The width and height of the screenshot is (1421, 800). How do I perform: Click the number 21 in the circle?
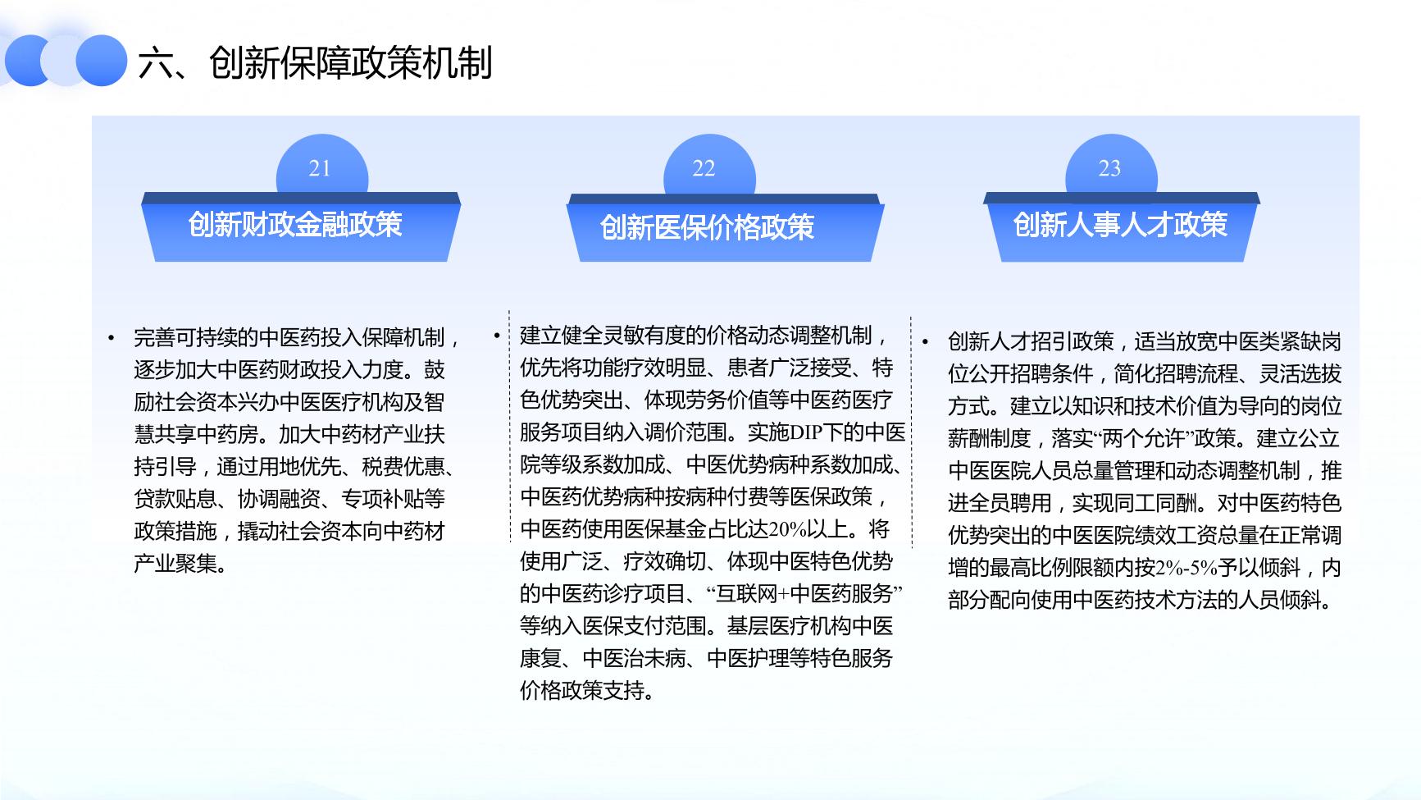coord(320,168)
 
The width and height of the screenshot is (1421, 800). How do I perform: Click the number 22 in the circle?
coord(704,168)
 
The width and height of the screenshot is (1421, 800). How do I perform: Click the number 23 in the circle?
coord(1109,168)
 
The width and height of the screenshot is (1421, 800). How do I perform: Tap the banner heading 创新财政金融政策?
coord(295,225)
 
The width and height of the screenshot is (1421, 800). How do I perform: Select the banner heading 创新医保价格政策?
coord(707,227)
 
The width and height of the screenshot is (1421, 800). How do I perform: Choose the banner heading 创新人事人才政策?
coord(1120,225)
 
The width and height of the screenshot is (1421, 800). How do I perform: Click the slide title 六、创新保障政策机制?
coord(316,63)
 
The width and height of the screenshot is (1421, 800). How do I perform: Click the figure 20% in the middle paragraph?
coord(789,529)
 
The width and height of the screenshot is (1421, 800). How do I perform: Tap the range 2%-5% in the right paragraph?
coord(1186,568)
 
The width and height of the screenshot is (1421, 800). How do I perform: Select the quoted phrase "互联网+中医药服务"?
coord(804,593)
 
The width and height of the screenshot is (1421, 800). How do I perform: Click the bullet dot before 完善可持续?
coord(111,338)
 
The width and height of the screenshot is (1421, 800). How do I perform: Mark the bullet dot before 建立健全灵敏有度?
coord(497,336)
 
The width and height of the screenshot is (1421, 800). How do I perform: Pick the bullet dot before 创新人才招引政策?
coord(925,341)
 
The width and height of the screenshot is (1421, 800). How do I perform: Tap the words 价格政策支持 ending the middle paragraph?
coord(582,691)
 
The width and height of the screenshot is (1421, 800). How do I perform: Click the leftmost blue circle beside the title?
coord(30,60)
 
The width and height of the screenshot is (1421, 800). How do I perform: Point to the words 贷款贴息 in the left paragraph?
coord(175,499)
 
